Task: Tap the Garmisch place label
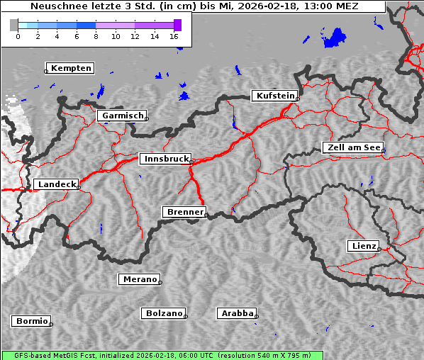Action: pos(123,116)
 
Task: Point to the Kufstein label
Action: pos(274,96)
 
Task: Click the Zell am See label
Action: pos(352,147)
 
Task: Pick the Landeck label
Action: pos(56,184)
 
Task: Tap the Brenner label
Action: pos(185,212)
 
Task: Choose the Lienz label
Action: pos(364,246)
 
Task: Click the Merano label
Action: pos(140,279)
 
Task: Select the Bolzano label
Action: pos(164,313)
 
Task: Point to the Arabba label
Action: pos(237,313)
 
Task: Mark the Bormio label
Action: pos(32,321)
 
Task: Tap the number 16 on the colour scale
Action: pos(174,36)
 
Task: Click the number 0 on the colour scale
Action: pos(18,36)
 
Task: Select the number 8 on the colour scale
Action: pos(96,36)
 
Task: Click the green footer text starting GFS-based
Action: pos(162,355)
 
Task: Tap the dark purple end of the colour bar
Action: pos(177,25)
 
